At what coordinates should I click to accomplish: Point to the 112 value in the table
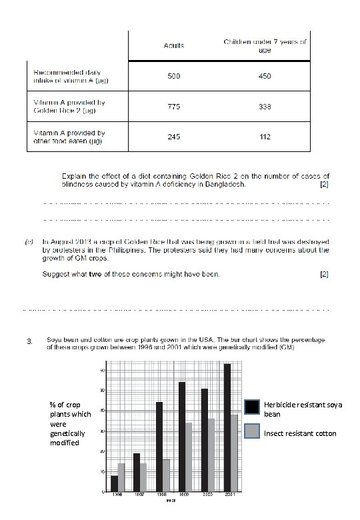(265, 137)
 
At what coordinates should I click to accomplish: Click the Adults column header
(175, 45)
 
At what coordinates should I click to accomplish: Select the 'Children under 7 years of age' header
(265, 45)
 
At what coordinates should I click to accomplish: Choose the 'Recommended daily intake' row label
(63, 75)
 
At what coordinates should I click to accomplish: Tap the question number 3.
(28, 343)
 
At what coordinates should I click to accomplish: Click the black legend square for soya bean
(252, 407)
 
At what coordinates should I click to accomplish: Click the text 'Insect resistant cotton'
(301, 433)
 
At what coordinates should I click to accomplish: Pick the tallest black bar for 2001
(227, 427)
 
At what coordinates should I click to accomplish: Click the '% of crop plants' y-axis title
(65, 424)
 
